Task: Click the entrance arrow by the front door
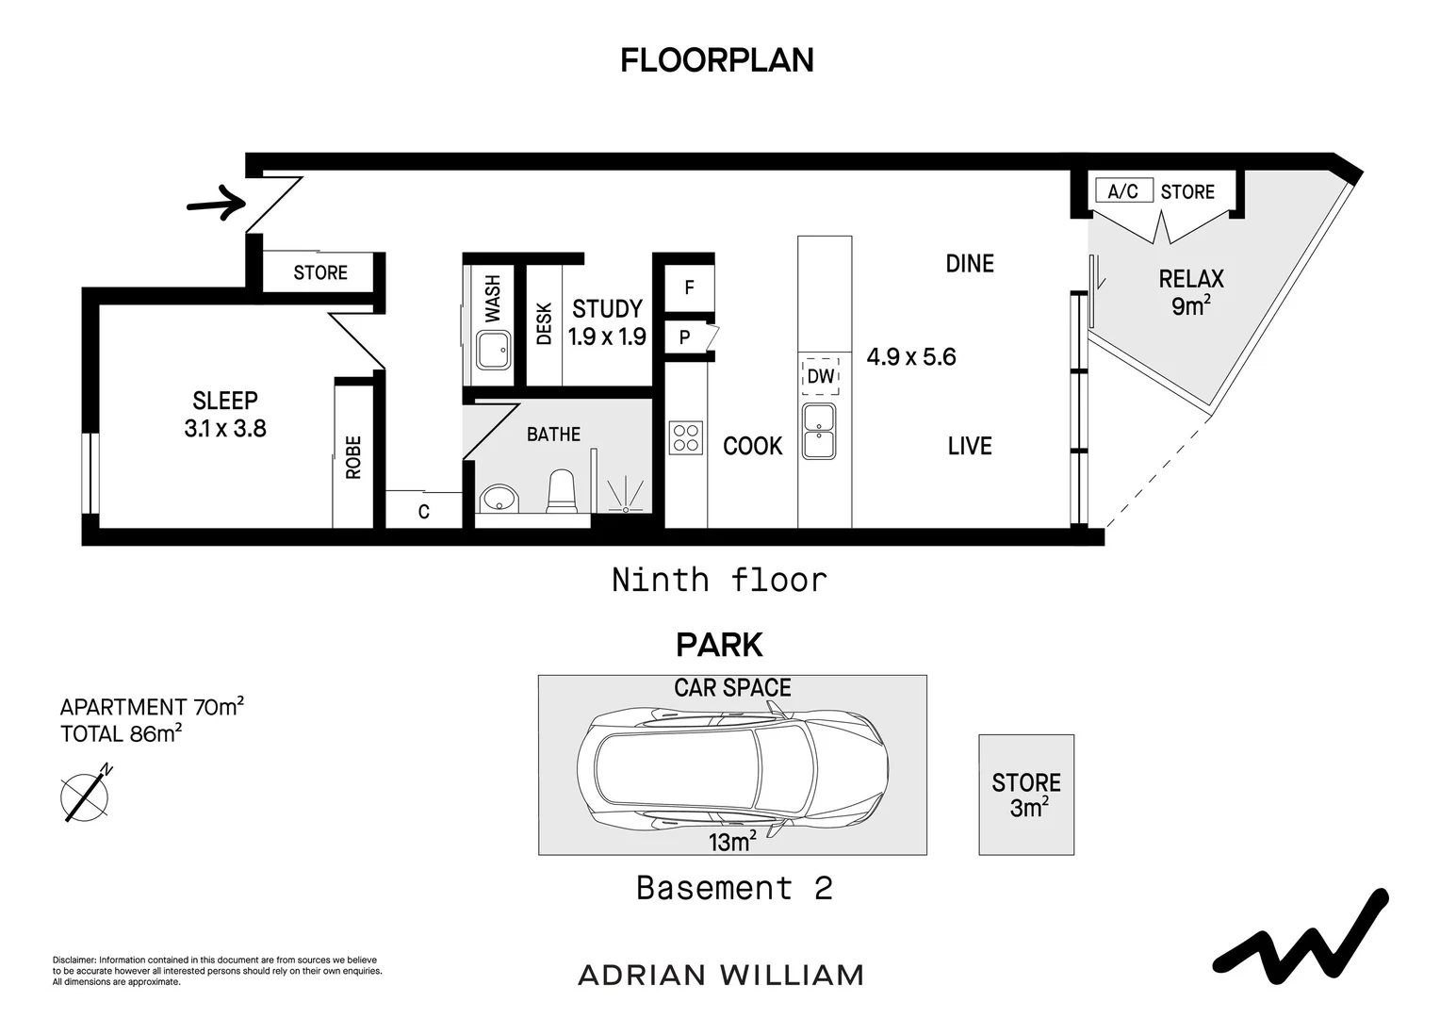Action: click(216, 203)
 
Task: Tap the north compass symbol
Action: click(86, 796)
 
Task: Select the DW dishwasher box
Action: click(820, 375)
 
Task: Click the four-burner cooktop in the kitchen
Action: click(686, 437)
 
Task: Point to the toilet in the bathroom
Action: click(562, 493)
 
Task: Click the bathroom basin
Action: click(499, 499)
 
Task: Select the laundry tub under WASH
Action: click(492, 350)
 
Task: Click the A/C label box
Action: click(1122, 191)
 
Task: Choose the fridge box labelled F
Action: click(689, 287)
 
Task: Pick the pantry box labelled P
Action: click(686, 337)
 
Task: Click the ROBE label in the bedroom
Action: click(353, 456)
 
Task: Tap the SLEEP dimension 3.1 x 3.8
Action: click(225, 429)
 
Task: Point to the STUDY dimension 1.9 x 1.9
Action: click(607, 337)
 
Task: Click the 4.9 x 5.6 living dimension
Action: click(911, 357)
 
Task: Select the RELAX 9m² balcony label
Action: click(1191, 292)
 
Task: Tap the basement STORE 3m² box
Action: click(1026, 795)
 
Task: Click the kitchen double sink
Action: click(818, 432)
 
